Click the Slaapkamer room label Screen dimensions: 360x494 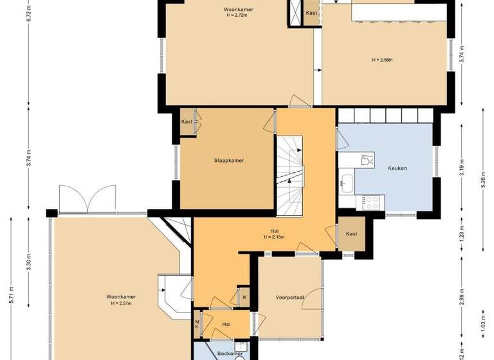point(228,161)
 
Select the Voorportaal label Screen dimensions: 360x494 point(289,298)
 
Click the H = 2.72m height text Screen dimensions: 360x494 point(237,15)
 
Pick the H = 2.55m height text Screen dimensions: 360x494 point(382,60)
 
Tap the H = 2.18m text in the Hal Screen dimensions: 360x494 point(274,237)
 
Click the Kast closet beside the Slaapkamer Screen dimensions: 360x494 point(187,122)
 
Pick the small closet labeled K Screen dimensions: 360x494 point(244,297)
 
